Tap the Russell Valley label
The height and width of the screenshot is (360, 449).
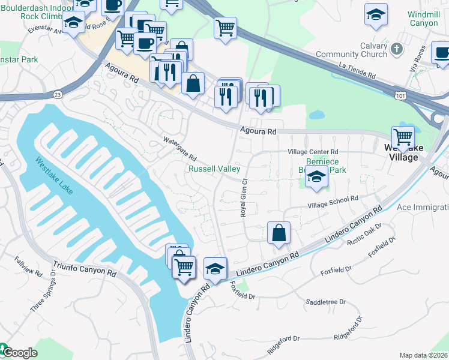click(x=214, y=169)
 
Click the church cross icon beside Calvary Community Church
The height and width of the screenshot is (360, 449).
click(x=396, y=48)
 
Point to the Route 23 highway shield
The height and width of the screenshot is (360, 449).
click(x=57, y=94)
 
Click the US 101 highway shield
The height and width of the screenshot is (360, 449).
click(x=400, y=95)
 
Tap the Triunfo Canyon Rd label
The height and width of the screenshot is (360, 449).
click(x=85, y=268)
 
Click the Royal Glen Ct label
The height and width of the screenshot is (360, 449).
click(x=244, y=197)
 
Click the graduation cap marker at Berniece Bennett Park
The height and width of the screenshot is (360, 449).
click(x=316, y=177)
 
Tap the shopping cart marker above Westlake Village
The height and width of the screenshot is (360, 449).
click(x=402, y=137)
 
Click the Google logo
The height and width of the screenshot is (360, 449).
click(x=19, y=353)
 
